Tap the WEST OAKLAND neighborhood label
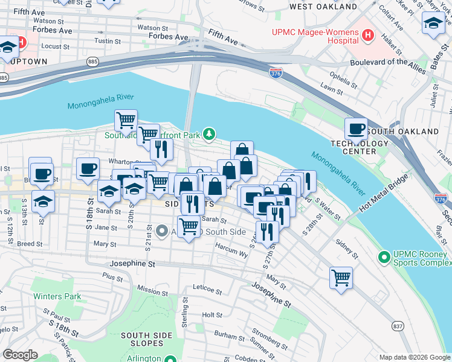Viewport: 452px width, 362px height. click(x=323, y=7)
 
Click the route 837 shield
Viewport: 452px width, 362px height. click(x=398, y=325)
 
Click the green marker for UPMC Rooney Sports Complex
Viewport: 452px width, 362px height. click(x=383, y=258)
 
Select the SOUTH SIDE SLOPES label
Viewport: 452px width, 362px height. click(x=143, y=339)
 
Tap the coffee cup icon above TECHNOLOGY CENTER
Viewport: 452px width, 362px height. click(x=356, y=128)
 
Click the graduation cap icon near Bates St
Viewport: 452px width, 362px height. click(x=433, y=24)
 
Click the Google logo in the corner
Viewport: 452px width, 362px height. click(x=20, y=355)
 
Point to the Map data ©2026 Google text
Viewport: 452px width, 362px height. click(x=414, y=357)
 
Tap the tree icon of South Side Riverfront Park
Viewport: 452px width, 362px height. click(x=208, y=133)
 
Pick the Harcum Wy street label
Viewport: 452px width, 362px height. click(x=236, y=254)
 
